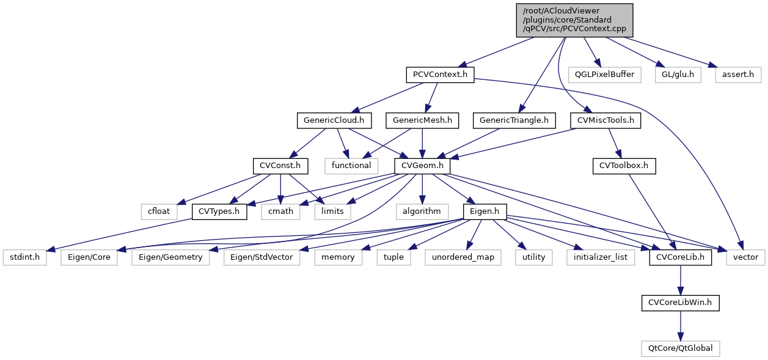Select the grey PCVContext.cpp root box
[574, 20]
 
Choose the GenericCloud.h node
[334, 120]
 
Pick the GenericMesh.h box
[422, 120]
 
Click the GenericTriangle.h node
[514, 120]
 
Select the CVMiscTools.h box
[605, 120]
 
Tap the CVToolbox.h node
[623, 166]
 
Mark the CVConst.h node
[280, 166]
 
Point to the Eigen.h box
[482, 211]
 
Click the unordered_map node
[463, 257]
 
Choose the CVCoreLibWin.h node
[680, 303]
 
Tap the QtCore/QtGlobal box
[680, 348]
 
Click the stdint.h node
[24, 257]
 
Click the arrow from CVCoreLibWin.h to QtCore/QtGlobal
[680, 325]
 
